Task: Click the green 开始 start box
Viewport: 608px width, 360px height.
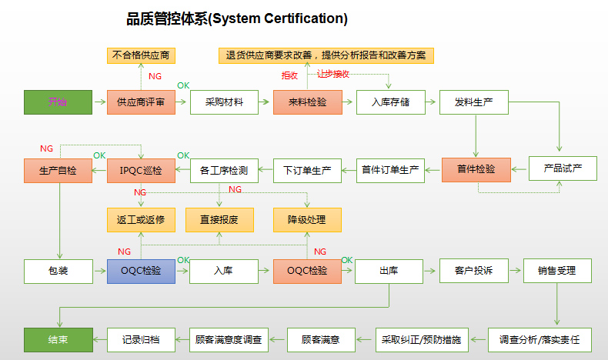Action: click(x=58, y=102)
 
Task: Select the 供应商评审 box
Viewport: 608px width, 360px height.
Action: click(x=141, y=102)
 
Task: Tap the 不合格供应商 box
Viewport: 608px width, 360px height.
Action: click(x=141, y=55)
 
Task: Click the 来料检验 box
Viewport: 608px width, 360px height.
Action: click(x=307, y=102)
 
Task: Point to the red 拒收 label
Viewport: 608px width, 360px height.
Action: click(x=289, y=75)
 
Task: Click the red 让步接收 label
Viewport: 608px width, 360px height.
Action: click(x=333, y=74)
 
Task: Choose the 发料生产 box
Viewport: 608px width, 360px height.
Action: click(x=473, y=102)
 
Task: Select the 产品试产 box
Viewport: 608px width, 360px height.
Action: click(x=563, y=168)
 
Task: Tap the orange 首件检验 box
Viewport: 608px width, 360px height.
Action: click(x=476, y=169)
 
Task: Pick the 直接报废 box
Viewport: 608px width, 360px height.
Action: click(x=219, y=219)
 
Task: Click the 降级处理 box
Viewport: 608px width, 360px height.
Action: click(x=307, y=219)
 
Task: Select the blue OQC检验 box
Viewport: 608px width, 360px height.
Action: click(x=141, y=271)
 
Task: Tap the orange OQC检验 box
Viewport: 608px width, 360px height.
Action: click(x=307, y=271)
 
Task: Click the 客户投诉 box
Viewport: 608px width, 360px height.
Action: click(x=473, y=271)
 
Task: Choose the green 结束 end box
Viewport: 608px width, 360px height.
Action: click(x=58, y=339)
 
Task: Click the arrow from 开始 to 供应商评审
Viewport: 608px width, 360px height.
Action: click(x=99, y=102)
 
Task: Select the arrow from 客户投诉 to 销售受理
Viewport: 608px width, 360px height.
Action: click(x=515, y=271)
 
